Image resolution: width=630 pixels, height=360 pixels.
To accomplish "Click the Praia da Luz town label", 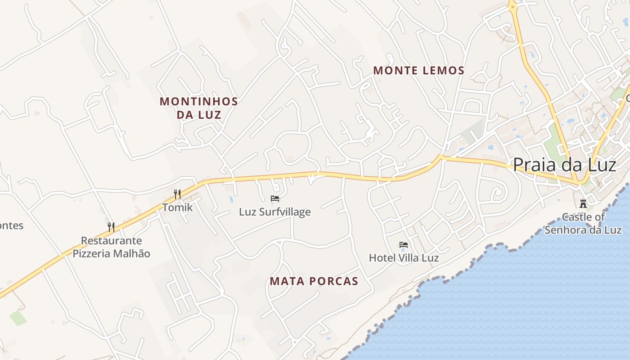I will [564, 165].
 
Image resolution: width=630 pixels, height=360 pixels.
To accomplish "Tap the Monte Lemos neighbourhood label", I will [418, 71].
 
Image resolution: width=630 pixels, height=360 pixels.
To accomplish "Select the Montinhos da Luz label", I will [198, 108].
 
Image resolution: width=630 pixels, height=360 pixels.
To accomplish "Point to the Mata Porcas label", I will [314, 282].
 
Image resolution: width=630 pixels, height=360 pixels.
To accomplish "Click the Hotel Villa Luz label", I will [404, 258].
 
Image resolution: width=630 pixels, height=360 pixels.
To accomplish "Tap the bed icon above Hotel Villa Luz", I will [404, 245].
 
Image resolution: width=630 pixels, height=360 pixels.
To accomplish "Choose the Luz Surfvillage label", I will [274, 211].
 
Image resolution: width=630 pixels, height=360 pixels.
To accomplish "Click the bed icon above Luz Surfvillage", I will [275, 198].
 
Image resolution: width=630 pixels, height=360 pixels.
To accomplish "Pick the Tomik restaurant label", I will [177, 207].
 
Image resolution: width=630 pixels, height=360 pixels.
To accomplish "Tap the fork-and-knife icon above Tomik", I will [177, 194].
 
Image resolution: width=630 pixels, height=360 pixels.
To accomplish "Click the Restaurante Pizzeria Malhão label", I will [111, 247].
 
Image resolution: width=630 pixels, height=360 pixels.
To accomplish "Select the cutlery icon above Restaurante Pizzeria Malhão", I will [111, 227].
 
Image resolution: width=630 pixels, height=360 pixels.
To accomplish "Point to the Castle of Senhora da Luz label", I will [583, 224].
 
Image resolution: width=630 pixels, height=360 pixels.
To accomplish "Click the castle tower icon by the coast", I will [583, 203].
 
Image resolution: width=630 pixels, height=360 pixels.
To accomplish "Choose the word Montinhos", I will [198, 101].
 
